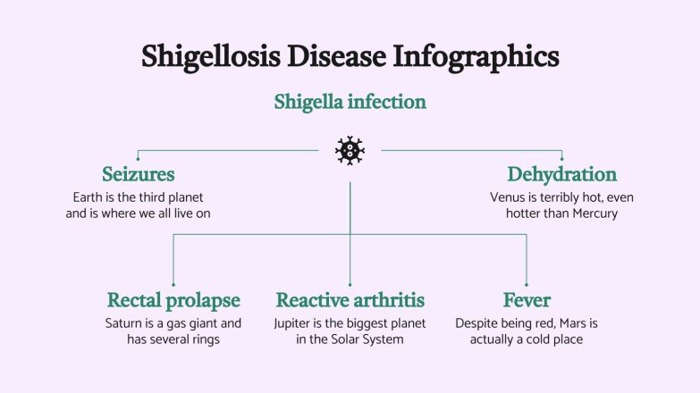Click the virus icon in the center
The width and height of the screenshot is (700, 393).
pos(350,150)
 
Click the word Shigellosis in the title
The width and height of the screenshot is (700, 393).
pos(210,56)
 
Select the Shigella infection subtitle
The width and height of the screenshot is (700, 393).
pos(350,102)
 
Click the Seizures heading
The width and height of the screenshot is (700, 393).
pos(138,173)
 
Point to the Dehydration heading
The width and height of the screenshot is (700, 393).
pos(561,173)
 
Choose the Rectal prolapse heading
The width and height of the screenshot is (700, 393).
pos(173,299)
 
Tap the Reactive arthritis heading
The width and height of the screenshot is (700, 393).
pos(350,299)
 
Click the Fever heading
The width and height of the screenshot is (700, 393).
pos(526,299)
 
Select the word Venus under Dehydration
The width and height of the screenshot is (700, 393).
pos(509,196)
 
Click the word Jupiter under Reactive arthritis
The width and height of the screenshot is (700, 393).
pos(296,322)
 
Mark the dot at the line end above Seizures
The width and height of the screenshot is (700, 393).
pos(138,159)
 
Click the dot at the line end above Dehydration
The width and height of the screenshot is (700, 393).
pos(561,159)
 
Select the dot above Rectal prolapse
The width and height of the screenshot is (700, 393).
pos(173,285)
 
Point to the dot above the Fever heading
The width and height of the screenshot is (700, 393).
pos(526,285)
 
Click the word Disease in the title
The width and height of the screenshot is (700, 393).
pos(330,56)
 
